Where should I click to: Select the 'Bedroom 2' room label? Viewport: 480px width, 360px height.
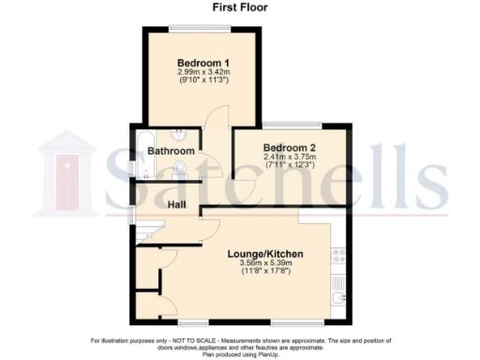point(288,148)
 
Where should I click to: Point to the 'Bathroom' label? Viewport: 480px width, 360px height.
point(171,151)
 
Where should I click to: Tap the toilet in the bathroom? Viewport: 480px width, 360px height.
point(181,170)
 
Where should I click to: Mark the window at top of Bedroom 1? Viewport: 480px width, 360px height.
point(199,24)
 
